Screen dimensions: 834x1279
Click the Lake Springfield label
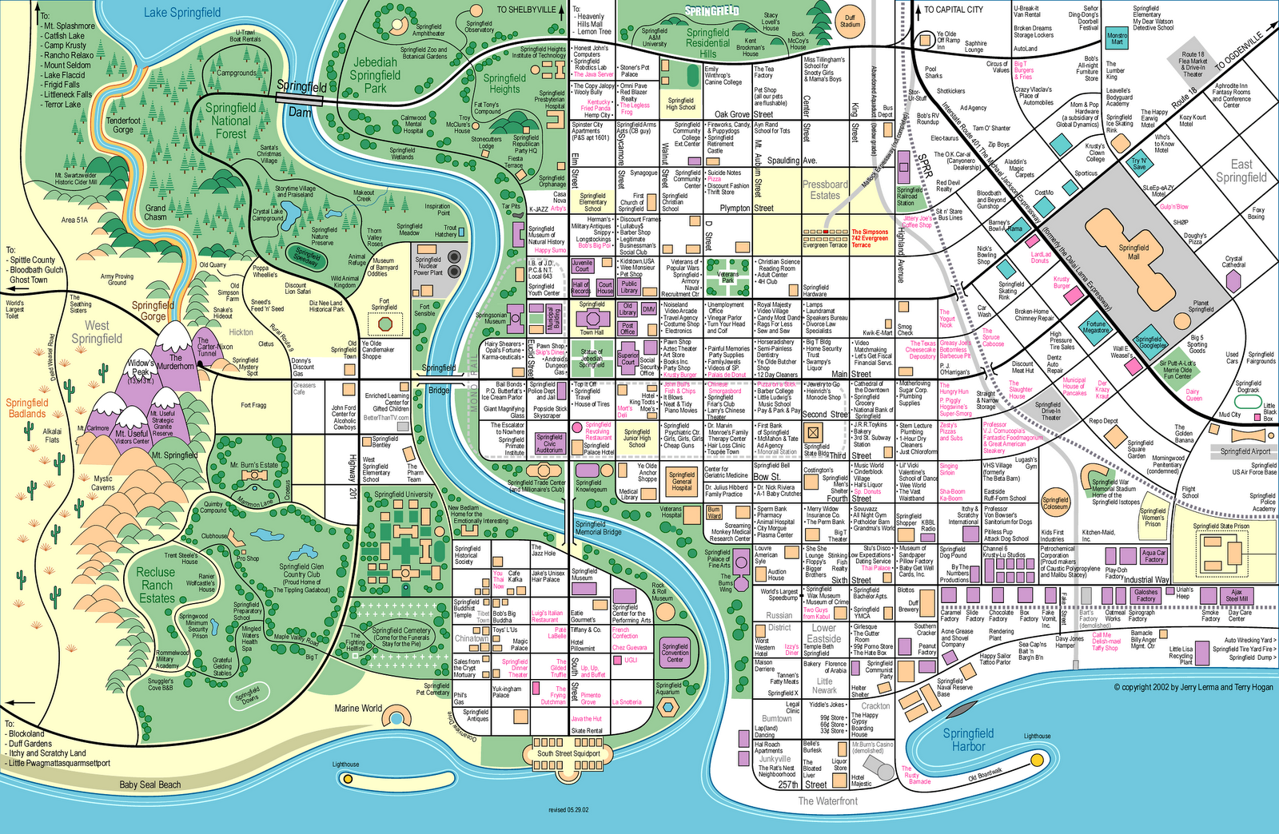click(x=182, y=12)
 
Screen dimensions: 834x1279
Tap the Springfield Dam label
click(x=301, y=98)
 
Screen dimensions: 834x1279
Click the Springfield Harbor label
click(x=968, y=740)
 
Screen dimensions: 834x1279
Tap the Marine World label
click(x=358, y=708)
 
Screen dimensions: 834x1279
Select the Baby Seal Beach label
click(x=150, y=784)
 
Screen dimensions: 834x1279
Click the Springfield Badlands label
click(x=27, y=408)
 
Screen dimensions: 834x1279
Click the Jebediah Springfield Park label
click(x=375, y=75)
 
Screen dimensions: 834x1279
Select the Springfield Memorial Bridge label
click(x=598, y=528)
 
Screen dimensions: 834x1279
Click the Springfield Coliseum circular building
click(x=1055, y=502)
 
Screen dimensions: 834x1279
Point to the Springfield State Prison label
click(x=1221, y=526)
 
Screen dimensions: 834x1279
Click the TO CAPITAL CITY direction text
click(x=954, y=10)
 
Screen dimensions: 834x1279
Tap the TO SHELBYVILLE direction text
click(x=525, y=10)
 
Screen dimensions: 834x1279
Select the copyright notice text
click(x=1193, y=687)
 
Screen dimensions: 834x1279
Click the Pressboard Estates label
click(x=825, y=189)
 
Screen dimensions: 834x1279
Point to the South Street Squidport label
click(x=568, y=753)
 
